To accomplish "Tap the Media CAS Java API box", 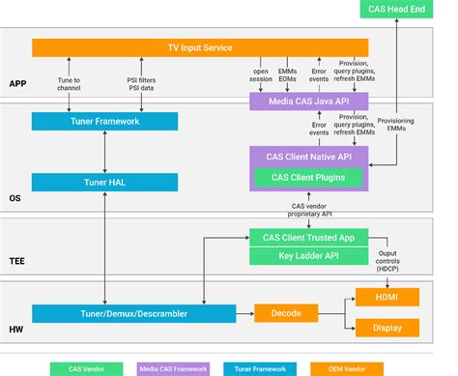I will (x=308, y=101).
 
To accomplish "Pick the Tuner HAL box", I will (x=104, y=182).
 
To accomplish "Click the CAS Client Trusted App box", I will (x=308, y=237).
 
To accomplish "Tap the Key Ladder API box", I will (x=308, y=256).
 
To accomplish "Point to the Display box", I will (x=387, y=327).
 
